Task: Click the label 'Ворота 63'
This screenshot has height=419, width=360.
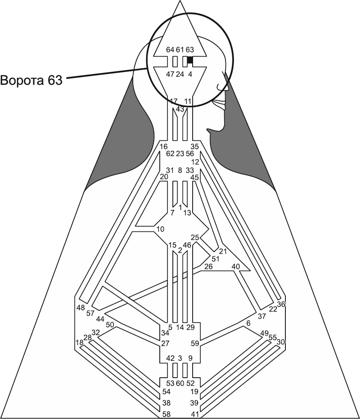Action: [x=32, y=79]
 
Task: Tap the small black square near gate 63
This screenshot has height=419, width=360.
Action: [x=190, y=60]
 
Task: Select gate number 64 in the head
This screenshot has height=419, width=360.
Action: [x=170, y=50]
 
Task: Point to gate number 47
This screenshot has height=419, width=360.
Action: [x=170, y=74]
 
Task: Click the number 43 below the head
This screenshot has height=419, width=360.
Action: [x=180, y=109]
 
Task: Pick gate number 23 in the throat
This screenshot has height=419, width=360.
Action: [x=180, y=153]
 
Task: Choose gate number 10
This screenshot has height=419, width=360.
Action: [x=160, y=229]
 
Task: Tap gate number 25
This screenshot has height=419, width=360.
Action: [x=195, y=237]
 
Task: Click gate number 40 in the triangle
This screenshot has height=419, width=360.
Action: [x=236, y=266]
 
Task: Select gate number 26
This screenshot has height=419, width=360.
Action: [x=208, y=266]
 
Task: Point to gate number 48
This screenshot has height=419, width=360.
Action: [x=81, y=307]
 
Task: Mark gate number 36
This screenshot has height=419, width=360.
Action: [x=281, y=304]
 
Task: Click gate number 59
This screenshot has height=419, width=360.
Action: [x=195, y=343]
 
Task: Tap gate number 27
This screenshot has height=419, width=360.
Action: [x=165, y=343]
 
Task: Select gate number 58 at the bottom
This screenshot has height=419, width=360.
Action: [x=167, y=414]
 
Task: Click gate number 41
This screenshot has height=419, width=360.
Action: [x=195, y=414]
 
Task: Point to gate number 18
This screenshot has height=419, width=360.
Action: [x=79, y=342]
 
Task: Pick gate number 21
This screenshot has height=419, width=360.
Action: [x=223, y=252]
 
